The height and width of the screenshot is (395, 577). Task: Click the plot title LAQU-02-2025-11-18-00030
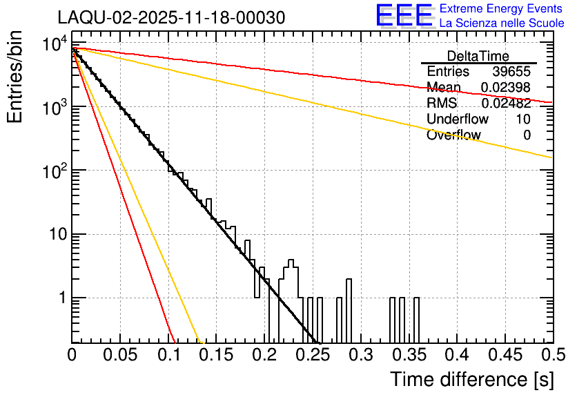coord(170,17)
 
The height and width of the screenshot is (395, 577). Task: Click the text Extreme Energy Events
coord(501,9)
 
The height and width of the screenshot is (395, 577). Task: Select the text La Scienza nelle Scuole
coord(502,23)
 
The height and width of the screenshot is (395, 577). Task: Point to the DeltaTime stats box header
coord(478,56)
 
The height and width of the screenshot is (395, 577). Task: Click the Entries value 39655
coord(511,72)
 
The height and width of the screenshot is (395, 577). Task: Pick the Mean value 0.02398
coord(505,88)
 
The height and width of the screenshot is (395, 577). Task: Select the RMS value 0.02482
coord(505,104)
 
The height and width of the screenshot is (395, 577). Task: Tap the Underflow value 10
coord(522,119)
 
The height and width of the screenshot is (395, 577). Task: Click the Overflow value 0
coord(527,135)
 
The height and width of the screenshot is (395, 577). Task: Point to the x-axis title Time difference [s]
coord(471,379)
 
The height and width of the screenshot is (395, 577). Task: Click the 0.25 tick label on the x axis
coord(312,356)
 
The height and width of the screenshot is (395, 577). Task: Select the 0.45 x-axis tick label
coord(504,356)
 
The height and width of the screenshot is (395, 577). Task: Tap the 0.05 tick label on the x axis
coord(120,356)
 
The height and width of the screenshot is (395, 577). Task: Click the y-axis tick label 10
coord(54,235)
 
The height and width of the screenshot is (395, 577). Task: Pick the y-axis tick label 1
coord(61,298)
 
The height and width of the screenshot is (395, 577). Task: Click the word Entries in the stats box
coord(448,72)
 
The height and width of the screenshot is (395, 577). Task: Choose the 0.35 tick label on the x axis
coord(408,356)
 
